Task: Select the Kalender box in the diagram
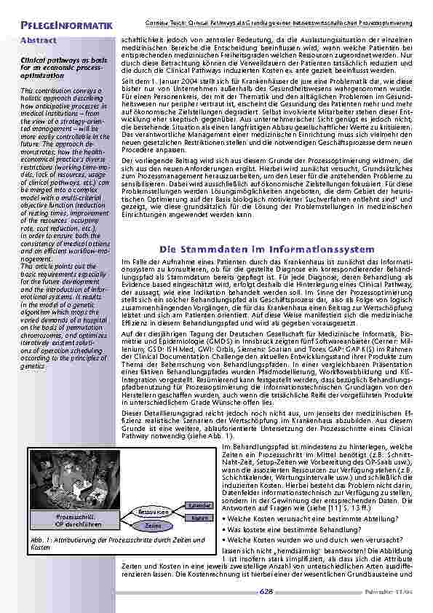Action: [x=199, y=505]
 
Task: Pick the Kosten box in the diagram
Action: [x=199, y=518]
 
